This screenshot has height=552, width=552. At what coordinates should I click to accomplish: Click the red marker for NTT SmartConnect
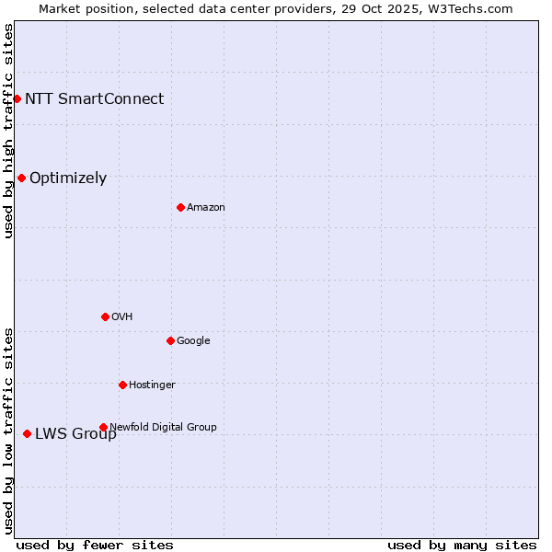click(17, 98)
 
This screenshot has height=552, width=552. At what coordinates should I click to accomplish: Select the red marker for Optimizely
click(21, 178)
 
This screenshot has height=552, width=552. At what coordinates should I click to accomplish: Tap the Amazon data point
click(180, 207)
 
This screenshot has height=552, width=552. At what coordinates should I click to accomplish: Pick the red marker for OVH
click(105, 316)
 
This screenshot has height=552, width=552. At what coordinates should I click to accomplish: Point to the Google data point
click(170, 340)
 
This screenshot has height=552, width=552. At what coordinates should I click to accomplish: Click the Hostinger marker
click(122, 385)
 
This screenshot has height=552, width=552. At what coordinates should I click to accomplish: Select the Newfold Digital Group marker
click(103, 427)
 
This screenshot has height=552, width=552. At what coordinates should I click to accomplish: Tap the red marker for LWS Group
click(27, 433)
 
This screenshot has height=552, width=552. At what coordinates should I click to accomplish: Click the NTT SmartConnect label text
click(94, 98)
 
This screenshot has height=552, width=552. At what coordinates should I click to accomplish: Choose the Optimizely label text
click(68, 178)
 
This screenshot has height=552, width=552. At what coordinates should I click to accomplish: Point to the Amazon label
click(206, 207)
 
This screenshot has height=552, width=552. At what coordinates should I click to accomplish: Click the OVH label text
click(122, 316)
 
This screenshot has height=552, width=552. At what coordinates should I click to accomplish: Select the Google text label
click(193, 340)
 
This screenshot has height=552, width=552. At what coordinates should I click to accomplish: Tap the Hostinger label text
click(152, 385)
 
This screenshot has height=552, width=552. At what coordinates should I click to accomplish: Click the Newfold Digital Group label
click(163, 427)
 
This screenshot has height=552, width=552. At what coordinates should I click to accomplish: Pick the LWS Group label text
click(75, 434)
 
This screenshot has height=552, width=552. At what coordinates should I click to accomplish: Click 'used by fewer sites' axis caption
click(95, 545)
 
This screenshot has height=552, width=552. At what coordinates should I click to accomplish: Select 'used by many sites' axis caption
click(462, 545)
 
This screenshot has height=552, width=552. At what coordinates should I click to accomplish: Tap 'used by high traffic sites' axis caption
click(8, 131)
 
